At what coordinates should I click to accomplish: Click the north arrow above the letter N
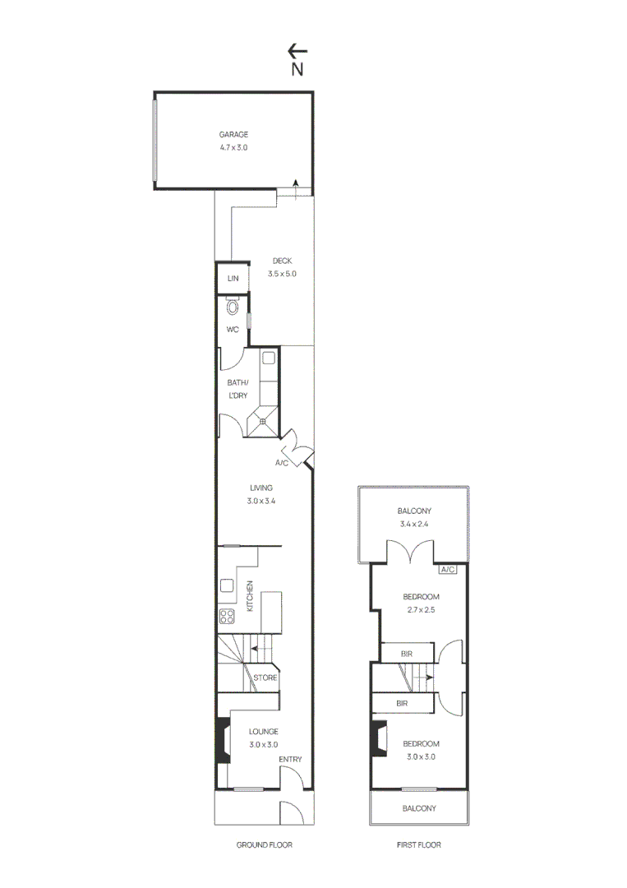[x=297, y=51]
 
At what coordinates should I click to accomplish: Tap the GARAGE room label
[x=233, y=134]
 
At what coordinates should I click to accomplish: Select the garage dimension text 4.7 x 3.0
[x=233, y=147]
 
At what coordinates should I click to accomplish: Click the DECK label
[x=283, y=261]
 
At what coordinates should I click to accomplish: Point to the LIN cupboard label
[x=233, y=278]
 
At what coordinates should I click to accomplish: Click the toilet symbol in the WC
[x=233, y=306]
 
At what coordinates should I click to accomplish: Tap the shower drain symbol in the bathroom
[x=263, y=421]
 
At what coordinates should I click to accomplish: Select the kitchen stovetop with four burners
[x=227, y=616]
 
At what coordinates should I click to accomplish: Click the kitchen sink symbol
[x=227, y=585]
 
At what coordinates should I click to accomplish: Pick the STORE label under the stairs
[x=265, y=678]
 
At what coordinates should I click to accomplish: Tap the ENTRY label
[x=290, y=759]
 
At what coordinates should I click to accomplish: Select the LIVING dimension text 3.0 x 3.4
[x=261, y=501]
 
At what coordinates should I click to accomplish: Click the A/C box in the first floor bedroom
[x=448, y=569]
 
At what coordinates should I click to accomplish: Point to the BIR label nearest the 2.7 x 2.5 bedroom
[x=407, y=654]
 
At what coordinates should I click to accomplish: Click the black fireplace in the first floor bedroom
[x=379, y=738]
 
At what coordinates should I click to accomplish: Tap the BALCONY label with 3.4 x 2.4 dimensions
[x=414, y=511]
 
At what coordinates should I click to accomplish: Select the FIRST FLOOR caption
[x=419, y=844]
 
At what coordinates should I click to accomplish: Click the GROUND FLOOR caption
[x=265, y=844]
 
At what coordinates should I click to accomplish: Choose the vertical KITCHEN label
[x=250, y=596]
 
